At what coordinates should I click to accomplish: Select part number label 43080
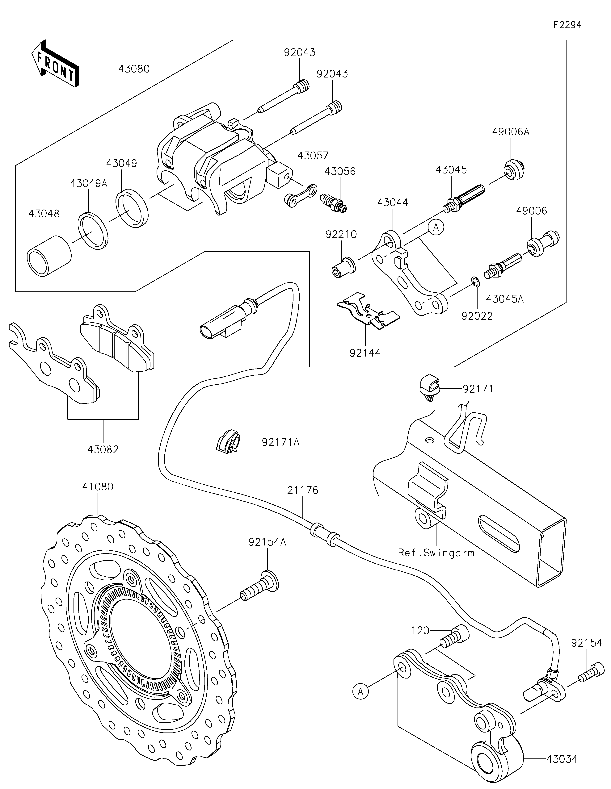(134, 69)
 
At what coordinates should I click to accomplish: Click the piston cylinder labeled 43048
(49, 256)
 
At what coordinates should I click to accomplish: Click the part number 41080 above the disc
(98, 487)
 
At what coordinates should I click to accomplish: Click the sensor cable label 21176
(303, 490)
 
